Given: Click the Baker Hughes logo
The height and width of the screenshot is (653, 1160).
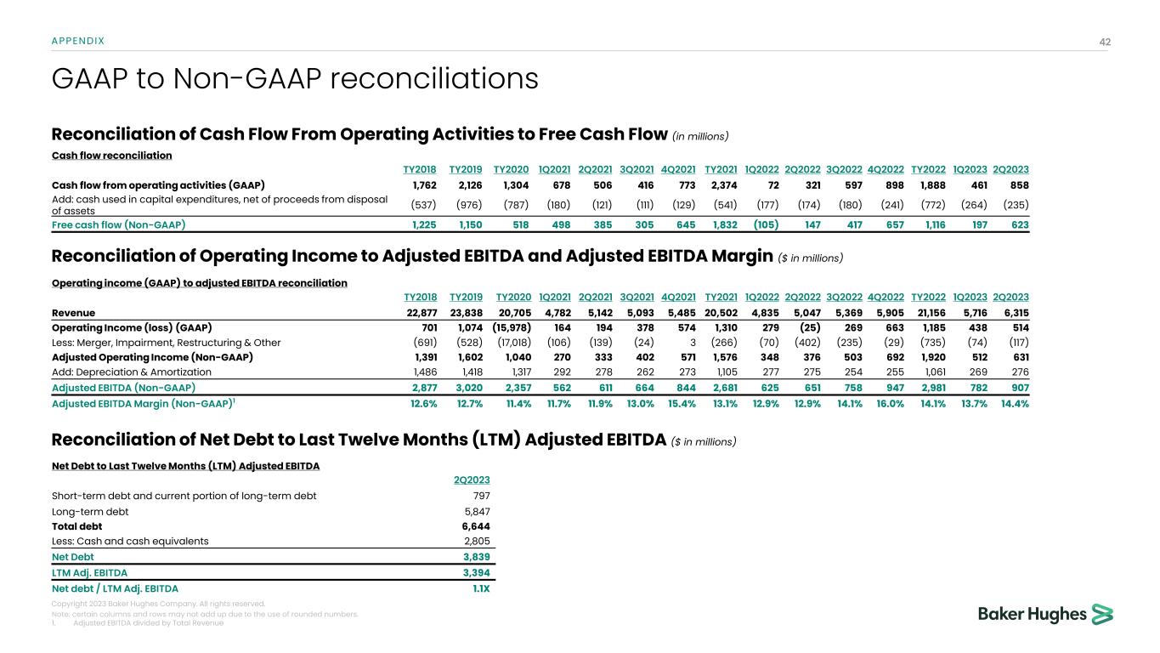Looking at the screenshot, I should (1045, 614).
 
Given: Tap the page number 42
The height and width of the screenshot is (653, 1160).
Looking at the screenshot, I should (1105, 40).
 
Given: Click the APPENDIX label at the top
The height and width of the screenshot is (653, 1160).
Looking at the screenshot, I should (78, 40).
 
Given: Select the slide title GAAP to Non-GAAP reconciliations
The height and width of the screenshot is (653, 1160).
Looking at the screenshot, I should (295, 79).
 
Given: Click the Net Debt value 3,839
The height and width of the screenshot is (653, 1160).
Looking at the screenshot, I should (475, 557).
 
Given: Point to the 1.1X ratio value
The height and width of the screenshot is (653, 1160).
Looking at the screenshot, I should (480, 588).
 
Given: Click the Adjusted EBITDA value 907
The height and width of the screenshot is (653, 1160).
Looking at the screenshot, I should (1017, 387).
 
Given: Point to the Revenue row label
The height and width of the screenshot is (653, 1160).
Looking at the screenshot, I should (74, 312).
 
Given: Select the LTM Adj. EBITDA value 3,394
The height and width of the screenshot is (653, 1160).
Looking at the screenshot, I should (475, 572).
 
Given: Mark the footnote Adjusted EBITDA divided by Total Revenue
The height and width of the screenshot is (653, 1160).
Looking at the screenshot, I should (149, 622).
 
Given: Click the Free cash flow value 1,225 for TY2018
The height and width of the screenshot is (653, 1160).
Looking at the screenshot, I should (421, 224).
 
